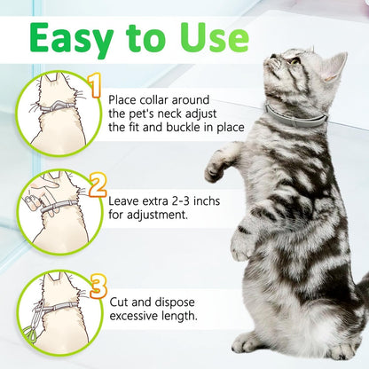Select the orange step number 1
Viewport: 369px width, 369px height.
(95, 87)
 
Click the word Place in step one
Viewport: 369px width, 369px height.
(127, 96)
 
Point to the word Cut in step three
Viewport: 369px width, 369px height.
(122, 302)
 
